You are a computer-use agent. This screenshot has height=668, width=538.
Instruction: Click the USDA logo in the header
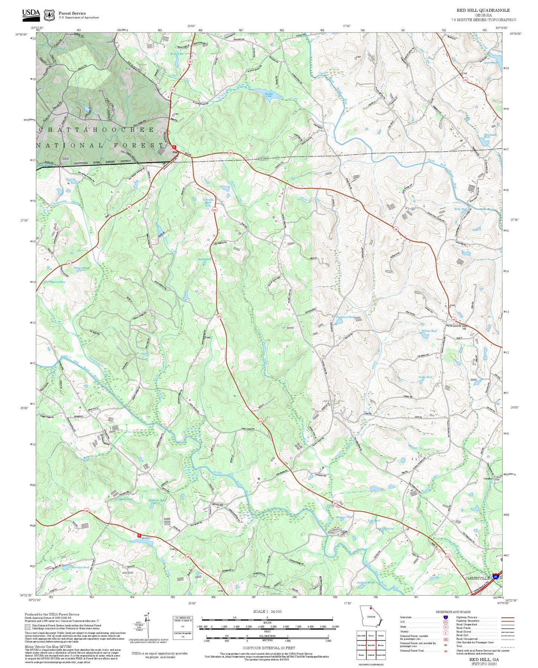31,14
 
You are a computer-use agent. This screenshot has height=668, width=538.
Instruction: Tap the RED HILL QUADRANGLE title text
483,10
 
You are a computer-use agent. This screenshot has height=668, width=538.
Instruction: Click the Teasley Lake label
269,95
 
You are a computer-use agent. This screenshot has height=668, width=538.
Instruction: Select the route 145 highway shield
465,80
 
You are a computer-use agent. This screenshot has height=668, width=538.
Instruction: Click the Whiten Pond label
429,331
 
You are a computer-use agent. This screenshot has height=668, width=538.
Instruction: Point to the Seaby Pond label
425,377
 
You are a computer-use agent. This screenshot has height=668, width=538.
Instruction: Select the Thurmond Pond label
345,317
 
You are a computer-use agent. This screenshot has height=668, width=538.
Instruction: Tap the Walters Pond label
81,268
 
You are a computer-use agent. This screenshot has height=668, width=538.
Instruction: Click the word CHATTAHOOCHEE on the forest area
96,130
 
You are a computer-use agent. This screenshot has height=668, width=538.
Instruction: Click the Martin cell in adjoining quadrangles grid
381,645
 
